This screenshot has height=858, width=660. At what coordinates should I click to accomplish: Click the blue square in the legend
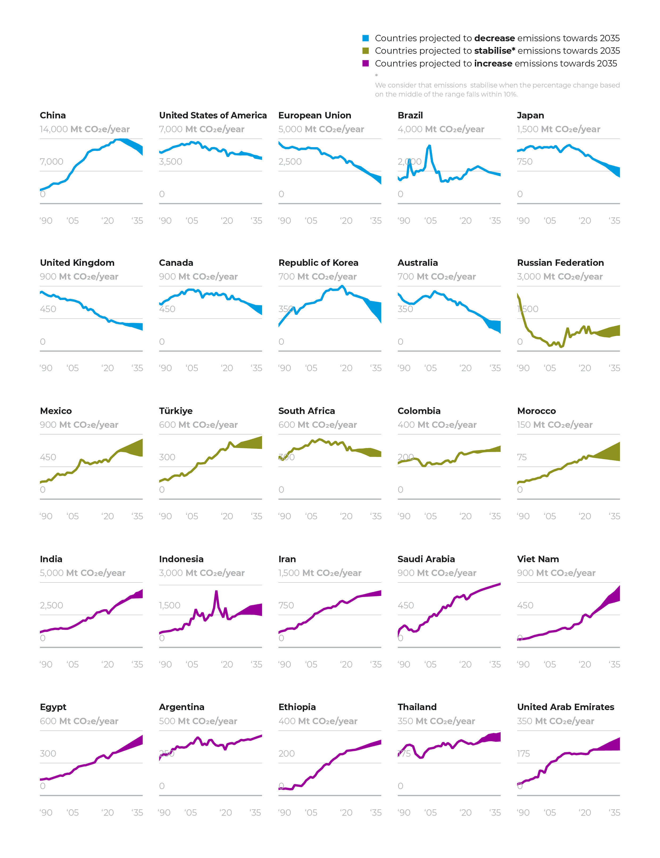pyautogui.click(x=365, y=38)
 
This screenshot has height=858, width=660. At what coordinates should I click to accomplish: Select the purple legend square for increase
pyautogui.click(x=365, y=63)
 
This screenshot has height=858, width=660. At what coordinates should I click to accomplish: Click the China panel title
pyautogui.click(x=53, y=115)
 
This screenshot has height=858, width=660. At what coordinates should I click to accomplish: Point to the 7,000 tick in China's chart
pyautogui.click(x=51, y=161)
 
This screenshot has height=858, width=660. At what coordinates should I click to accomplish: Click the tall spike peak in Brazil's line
pyautogui.click(x=429, y=146)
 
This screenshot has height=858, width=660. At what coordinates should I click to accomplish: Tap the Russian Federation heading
pyautogui.click(x=560, y=262)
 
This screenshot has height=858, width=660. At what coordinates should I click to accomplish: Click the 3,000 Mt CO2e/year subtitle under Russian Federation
pyautogui.click(x=559, y=277)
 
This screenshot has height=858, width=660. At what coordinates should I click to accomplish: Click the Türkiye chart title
pyautogui.click(x=176, y=411)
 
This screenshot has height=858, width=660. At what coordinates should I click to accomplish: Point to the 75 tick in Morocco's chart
pyautogui.click(x=522, y=457)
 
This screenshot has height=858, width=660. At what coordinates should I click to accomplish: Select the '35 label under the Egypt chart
pyautogui.click(x=137, y=813)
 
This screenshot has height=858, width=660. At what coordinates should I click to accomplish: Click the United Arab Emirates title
pyautogui.click(x=565, y=707)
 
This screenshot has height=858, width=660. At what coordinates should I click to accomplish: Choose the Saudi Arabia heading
pyautogui.click(x=426, y=559)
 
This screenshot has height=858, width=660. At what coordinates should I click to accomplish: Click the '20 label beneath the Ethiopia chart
pyautogui.click(x=346, y=813)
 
